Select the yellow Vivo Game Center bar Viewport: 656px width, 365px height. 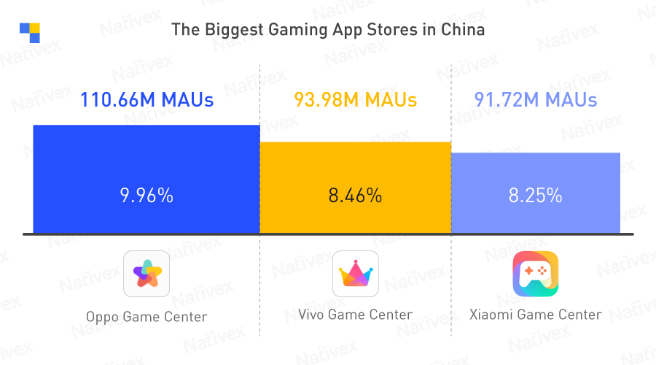355,168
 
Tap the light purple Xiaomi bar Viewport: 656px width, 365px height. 536,175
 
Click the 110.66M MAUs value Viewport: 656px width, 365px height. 147,100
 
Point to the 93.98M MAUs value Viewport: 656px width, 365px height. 356,100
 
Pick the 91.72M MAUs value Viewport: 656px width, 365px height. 536,100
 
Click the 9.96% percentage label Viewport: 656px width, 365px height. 147,196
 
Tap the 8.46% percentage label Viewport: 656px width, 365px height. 356,196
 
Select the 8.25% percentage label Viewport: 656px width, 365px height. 536,196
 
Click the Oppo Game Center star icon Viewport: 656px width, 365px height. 147,274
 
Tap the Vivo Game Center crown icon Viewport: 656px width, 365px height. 356,274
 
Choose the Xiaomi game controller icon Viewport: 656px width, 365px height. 536,274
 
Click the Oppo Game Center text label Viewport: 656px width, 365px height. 147,317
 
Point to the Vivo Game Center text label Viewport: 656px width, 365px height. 356,315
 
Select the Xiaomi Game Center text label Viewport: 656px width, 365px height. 536,315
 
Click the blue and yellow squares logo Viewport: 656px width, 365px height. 30,33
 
